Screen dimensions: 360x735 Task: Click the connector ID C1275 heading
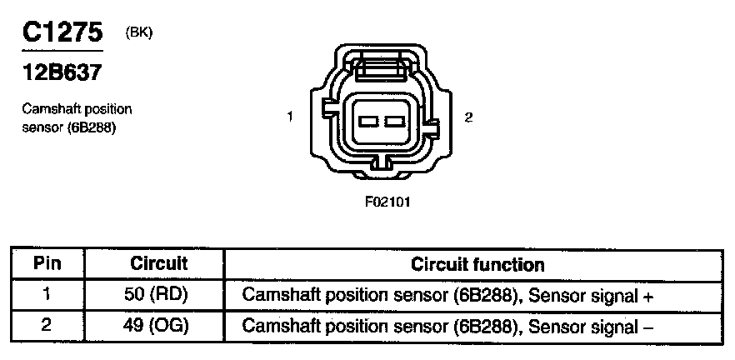[62, 32]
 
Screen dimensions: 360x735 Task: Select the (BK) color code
[138, 32]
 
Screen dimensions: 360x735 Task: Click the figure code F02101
[388, 202]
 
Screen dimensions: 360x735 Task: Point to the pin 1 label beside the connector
[289, 117]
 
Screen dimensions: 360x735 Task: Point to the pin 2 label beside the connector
[469, 117]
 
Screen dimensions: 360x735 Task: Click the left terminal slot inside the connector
[368, 122]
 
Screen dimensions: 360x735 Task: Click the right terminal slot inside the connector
[393, 122]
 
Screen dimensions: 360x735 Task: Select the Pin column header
[47, 265]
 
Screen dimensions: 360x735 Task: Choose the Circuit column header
[159, 265]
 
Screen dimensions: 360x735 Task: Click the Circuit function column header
[477, 265]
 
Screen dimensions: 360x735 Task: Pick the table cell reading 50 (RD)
[159, 295]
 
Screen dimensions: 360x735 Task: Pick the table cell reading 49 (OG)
[159, 325]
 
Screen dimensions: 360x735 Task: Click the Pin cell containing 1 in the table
[47, 295]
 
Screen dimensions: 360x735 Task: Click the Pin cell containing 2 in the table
[47, 325]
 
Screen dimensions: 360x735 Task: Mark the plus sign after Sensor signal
[647, 296]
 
